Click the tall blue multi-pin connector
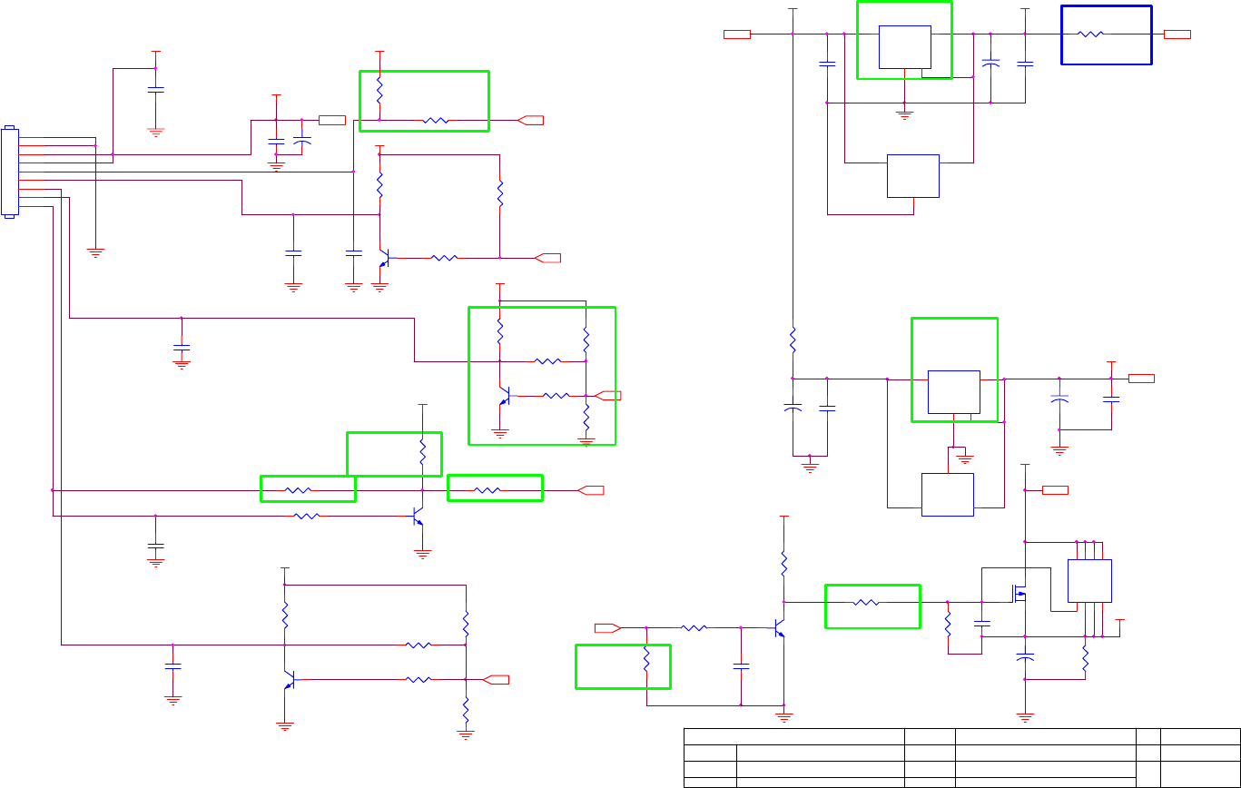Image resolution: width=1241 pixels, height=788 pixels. pos(10,172)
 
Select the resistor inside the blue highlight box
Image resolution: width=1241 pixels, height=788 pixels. pos(1090,34)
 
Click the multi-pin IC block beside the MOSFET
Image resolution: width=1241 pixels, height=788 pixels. pos(1089,581)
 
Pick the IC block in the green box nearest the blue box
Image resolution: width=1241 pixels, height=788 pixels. pos(905,46)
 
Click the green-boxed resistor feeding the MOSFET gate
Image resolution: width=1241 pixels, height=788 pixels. pos(867,602)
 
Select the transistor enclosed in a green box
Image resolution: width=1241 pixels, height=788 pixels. pos(505,396)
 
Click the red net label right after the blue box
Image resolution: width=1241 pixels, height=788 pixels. pos(1177,34)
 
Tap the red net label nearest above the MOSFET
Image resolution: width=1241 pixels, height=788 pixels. pos(1055,490)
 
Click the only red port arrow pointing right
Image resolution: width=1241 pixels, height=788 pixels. pos(607,627)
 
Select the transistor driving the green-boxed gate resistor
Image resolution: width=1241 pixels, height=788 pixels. pos(779,628)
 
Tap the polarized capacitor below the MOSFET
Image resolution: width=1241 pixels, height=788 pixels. pos(1025,656)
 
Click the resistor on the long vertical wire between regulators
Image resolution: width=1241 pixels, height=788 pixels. pos(793,340)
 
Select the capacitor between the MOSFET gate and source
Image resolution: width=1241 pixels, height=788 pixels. pos(981,624)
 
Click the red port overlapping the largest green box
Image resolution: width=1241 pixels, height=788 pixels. pos(611,395)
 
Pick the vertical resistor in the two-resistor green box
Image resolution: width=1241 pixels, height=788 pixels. pos(379,91)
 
